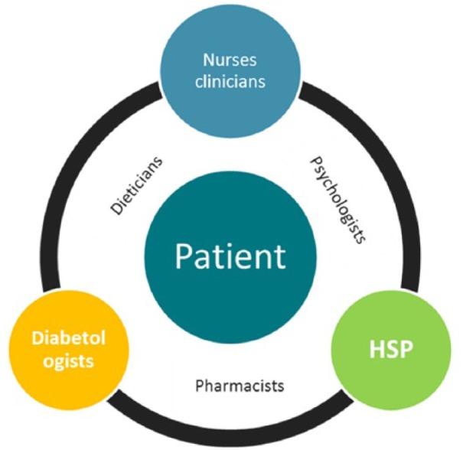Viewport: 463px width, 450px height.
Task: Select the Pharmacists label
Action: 240,385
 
